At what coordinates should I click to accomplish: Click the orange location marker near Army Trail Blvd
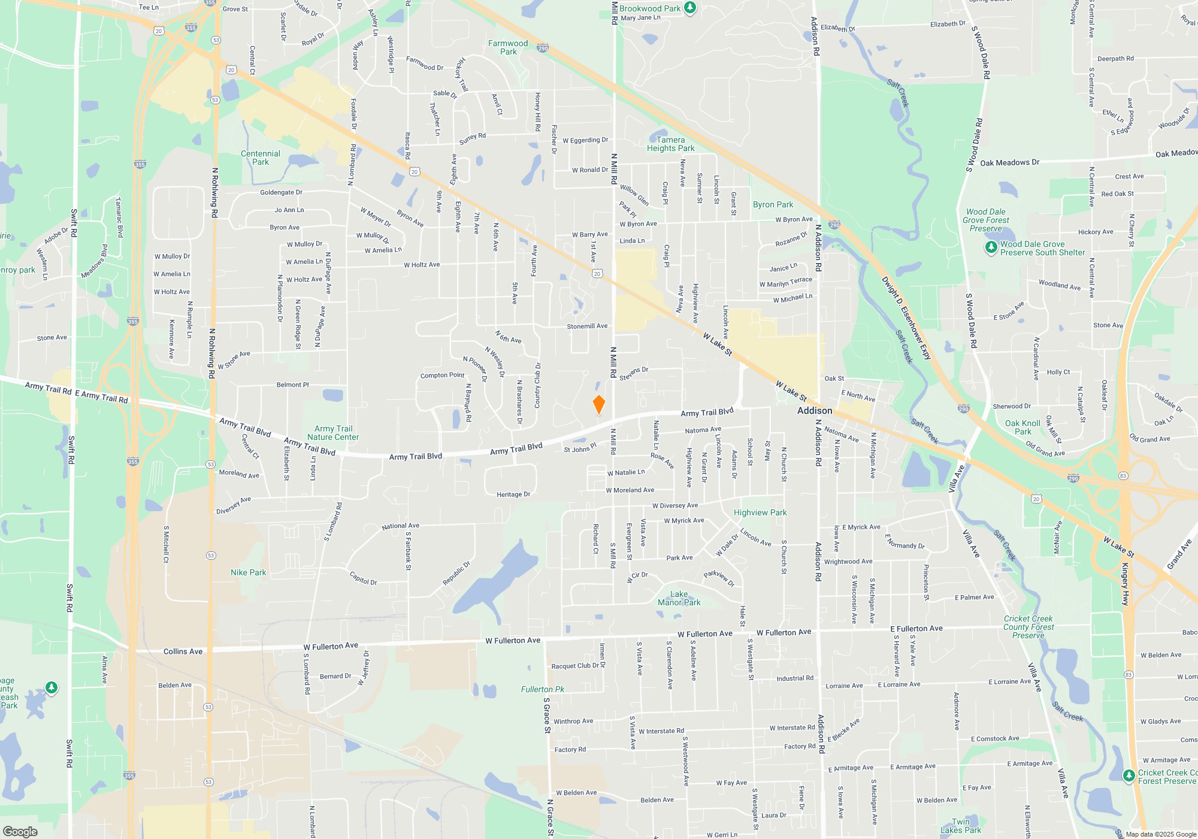pyautogui.click(x=598, y=405)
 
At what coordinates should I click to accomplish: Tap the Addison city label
pyautogui.click(x=815, y=411)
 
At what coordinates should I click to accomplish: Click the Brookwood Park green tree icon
pyautogui.click(x=690, y=8)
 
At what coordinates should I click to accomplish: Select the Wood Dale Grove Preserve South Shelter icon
pyautogui.click(x=991, y=247)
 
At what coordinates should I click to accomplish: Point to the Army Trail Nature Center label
pyautogui.click(x=333, y=433)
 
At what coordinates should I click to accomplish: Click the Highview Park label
pyautogui.click(x=760, y=512)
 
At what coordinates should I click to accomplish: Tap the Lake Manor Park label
pyautogui.click(x=679, y=598)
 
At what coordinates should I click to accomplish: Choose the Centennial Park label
pyautogui.click(x=261, y=158)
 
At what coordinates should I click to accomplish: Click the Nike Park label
pyautogui.click(x=248, y=572)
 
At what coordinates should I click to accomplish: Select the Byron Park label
pyautogui.click(x=773, y=204)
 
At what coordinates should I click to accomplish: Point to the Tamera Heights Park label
pyautogui.click(x=670, y=144)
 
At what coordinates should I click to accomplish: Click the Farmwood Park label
pyautogui.click(x=508, y=47)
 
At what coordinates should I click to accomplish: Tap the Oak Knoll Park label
pyautogui.click(x=1022, y=427)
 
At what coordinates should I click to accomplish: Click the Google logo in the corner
pyautogui.click(x=20, y=831)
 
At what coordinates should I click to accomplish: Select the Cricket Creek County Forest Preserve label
pyautogui.click(x=1028, y=627)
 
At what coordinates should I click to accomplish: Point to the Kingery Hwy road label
pyautogui.click(x=1126, y=584)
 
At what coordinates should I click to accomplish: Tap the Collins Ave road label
pyautogui.click(x=183, y=651)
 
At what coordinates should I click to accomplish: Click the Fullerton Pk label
pyautogui.click(x=542, y=689)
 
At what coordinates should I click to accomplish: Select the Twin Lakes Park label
pyautogui.click(x=960, y=826)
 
